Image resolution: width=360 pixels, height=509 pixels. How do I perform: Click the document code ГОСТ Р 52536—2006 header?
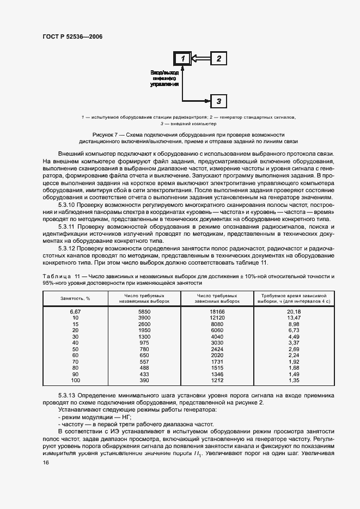[x=72, y=36]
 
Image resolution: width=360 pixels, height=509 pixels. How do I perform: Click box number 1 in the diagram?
[x=184, y=58]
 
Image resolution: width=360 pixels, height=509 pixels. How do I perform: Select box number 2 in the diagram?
[x=218, y=58]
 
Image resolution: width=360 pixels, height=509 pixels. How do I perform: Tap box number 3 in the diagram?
[x=218, y=101]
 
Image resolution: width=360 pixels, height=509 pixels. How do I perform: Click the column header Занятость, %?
[x=75, y=298]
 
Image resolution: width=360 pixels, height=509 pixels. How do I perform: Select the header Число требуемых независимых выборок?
[x=144, y=298]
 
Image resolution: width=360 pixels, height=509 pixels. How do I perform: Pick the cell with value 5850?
[x=144, y=311]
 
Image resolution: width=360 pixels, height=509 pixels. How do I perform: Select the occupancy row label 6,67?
[x=75, y=311]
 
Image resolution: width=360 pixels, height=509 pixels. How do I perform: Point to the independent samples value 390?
[x=144, y=381]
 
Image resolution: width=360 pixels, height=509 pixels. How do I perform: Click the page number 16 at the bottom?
[x=46, y=463]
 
